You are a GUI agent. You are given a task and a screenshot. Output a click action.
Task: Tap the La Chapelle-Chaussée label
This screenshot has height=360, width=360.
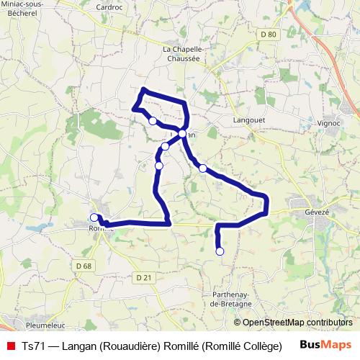point(184,53)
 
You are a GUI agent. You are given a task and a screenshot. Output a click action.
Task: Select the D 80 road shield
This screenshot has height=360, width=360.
point(269,35)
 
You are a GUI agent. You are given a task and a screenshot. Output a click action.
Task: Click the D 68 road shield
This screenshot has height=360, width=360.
point(84,266)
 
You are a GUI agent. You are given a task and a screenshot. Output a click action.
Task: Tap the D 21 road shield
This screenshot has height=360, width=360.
point(144,278)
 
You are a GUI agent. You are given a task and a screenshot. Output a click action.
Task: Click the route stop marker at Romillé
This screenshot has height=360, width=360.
point(94,217)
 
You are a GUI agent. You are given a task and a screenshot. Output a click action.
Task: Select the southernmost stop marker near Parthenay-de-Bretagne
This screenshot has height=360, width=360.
point(220,251)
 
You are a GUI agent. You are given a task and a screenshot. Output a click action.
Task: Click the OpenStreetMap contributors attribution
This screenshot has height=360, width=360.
point(293,323)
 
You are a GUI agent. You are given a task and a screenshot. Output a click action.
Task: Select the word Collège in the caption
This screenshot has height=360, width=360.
point(260,346)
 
